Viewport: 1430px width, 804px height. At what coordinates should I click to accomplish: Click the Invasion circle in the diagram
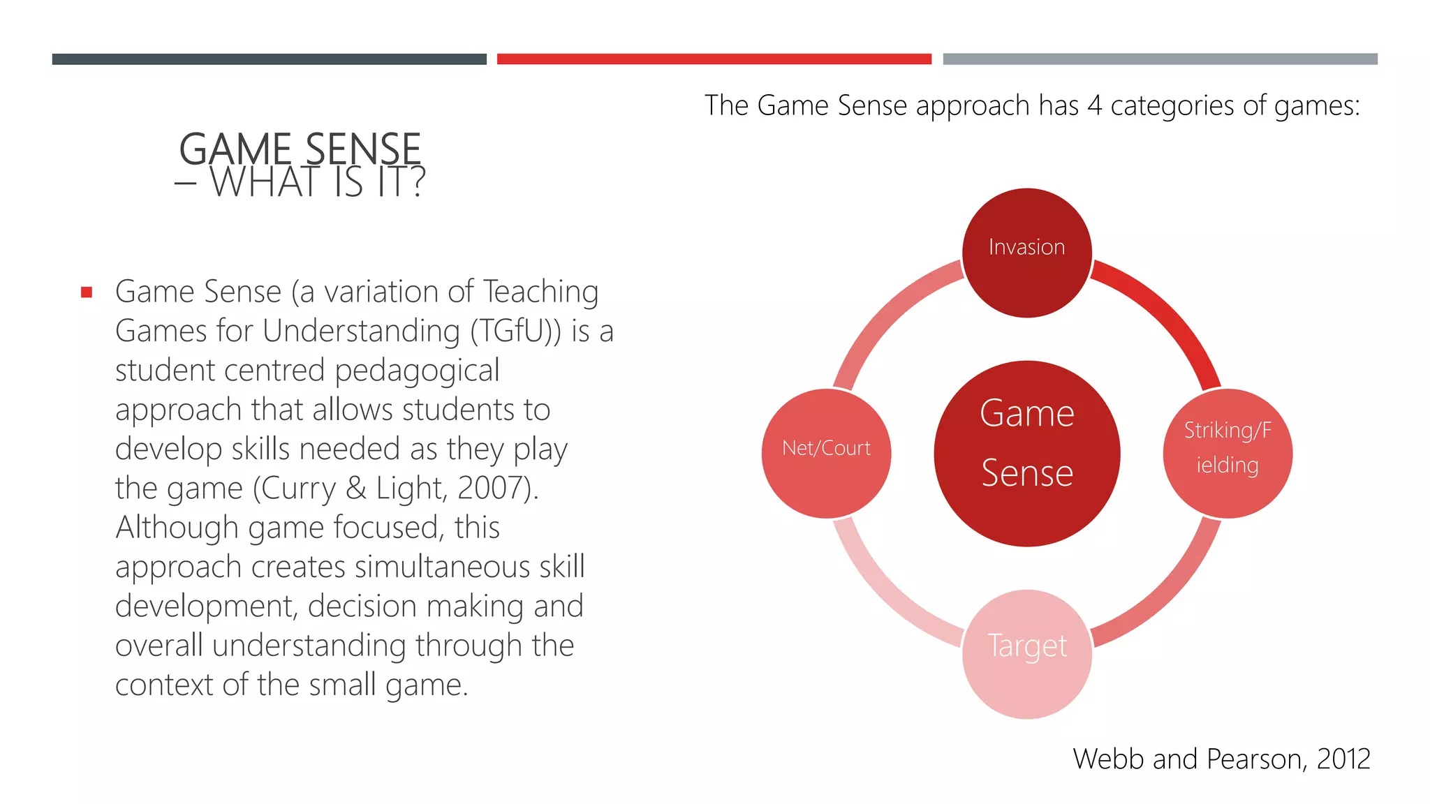tap(1026, 253)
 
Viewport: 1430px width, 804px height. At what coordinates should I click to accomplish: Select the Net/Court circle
tap(826, 454)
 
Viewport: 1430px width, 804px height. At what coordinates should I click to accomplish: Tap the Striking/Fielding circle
tap(1228, 454)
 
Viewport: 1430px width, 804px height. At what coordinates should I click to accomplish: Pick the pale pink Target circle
tap(1026, 654)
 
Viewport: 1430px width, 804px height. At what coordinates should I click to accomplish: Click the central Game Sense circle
tap(1026, 454)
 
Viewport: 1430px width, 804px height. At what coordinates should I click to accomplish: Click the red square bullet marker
tap(87, 292)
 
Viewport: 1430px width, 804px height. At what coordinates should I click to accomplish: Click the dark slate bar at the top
tap(269, 59)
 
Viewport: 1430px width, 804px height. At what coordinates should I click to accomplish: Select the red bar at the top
tap(714, 59)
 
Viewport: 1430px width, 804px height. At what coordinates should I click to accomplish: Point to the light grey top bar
tap(1160, 59)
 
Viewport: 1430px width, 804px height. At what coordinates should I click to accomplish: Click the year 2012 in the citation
tap(1343, 759)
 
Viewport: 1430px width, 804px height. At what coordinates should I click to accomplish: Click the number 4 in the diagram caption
tap(1094, 105)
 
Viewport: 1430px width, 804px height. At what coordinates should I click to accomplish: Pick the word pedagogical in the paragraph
tap(417, 371)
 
